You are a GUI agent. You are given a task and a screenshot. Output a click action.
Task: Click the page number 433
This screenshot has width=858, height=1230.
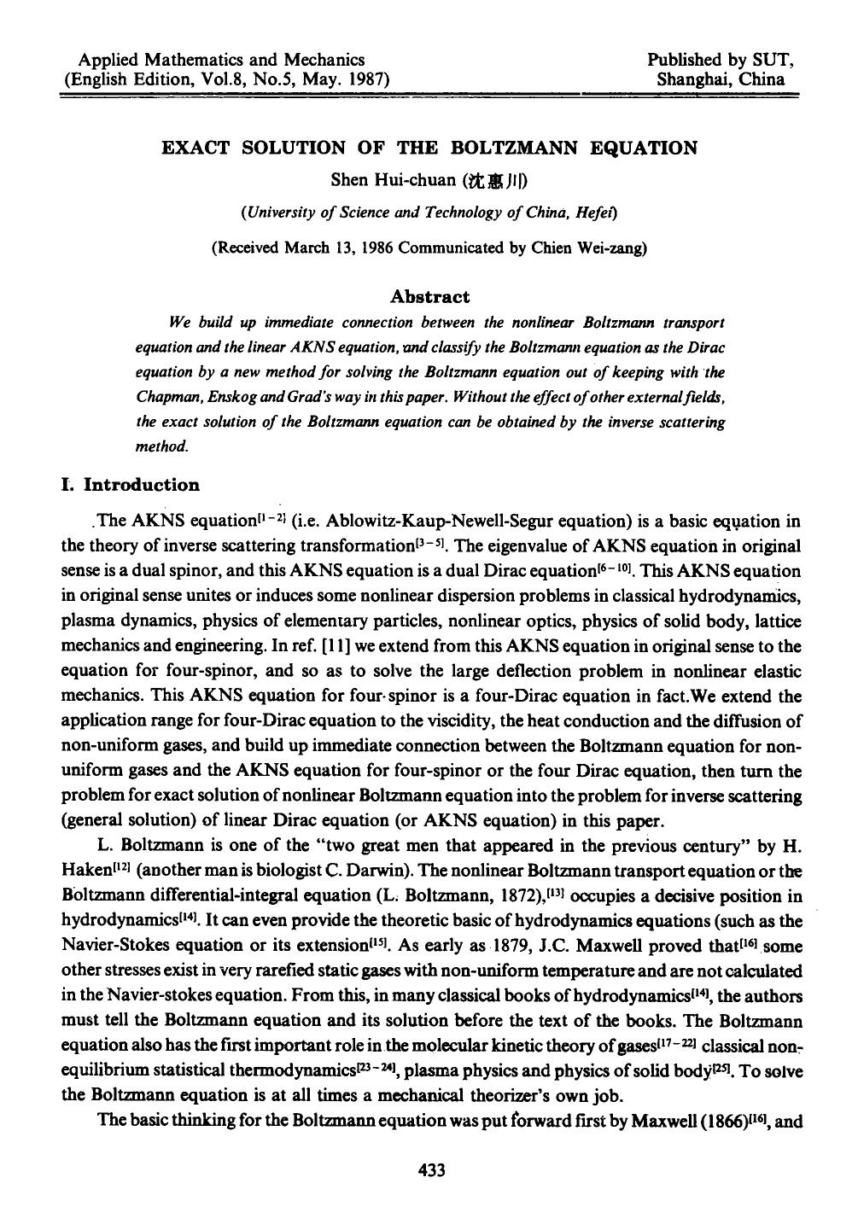(x=429, y=1171)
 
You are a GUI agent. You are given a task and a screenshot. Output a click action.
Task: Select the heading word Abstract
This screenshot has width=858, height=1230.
(x=429, y=297)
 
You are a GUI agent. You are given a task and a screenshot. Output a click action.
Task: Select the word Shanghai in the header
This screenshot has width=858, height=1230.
(x=695, y=80)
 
